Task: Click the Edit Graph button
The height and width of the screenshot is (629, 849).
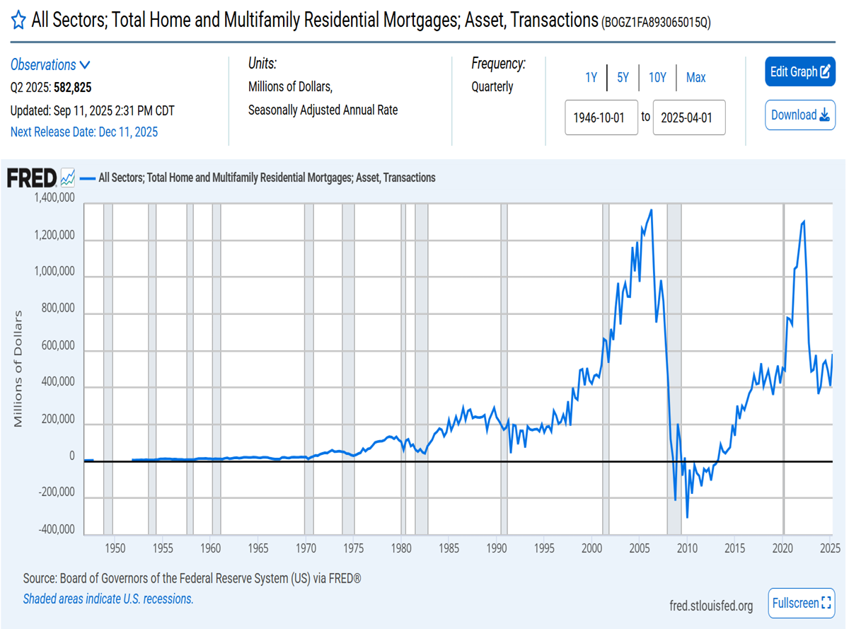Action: (800, 71)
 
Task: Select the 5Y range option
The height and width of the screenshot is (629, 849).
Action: (623, 78)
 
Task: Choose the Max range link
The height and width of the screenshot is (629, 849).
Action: (695, 78)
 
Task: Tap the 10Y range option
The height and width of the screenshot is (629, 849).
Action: (657, 78)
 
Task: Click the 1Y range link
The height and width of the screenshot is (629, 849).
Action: (591, 78)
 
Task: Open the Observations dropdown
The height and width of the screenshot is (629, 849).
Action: (50, 65)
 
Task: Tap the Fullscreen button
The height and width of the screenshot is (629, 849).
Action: (801, 603)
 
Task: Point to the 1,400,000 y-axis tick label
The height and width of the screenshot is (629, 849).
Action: (54, 199)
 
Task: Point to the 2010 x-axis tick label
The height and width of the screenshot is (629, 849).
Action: (686, 548)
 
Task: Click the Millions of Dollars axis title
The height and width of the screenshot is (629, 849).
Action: (19, 369)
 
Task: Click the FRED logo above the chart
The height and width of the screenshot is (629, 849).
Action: (31, 178)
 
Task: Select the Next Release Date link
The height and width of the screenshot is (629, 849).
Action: (84, 132)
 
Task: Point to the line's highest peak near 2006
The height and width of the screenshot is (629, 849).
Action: (651, 210)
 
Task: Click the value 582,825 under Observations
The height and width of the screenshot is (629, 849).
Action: (72, 88)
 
